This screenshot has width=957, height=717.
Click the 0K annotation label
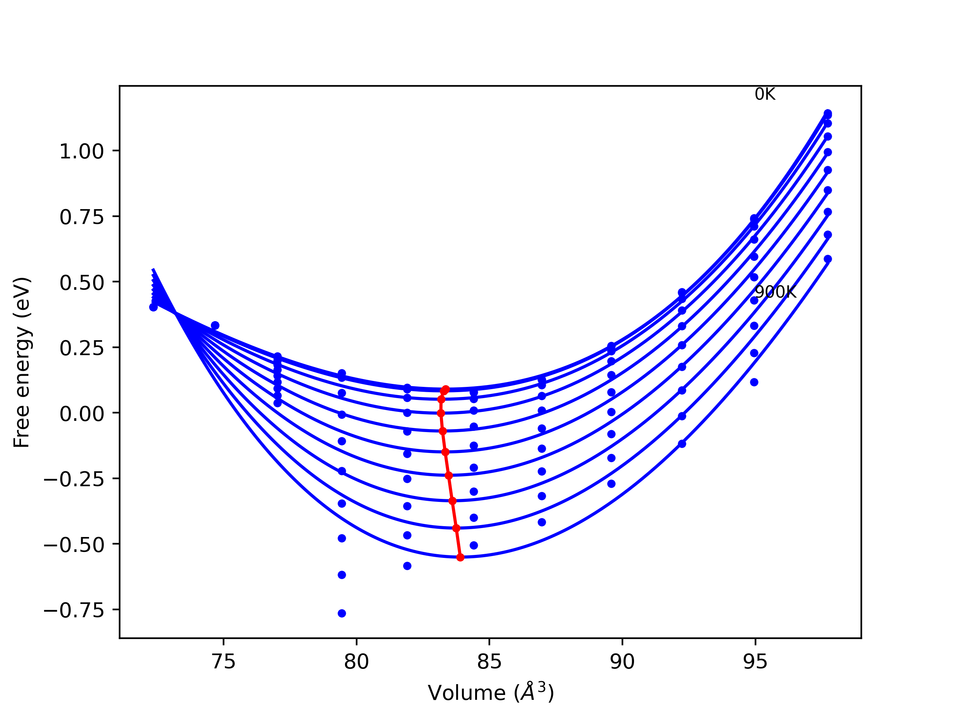(765, 94)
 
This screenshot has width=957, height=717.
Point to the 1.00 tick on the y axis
(82, 152)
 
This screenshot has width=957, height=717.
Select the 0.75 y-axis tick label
(82, 217)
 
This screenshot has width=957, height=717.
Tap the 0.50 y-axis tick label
(82, 283)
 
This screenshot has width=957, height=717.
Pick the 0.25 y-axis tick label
(82, 348)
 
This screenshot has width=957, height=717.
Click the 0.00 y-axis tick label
(82, 414)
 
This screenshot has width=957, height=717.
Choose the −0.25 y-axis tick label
(74, 480)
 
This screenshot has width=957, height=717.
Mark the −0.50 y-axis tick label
(74, 546)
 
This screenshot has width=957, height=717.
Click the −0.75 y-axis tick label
(74, 611)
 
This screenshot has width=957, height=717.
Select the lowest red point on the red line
(460, 558)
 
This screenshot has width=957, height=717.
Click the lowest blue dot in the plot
(342, 613)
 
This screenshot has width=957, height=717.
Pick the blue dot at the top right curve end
(828, 114)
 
